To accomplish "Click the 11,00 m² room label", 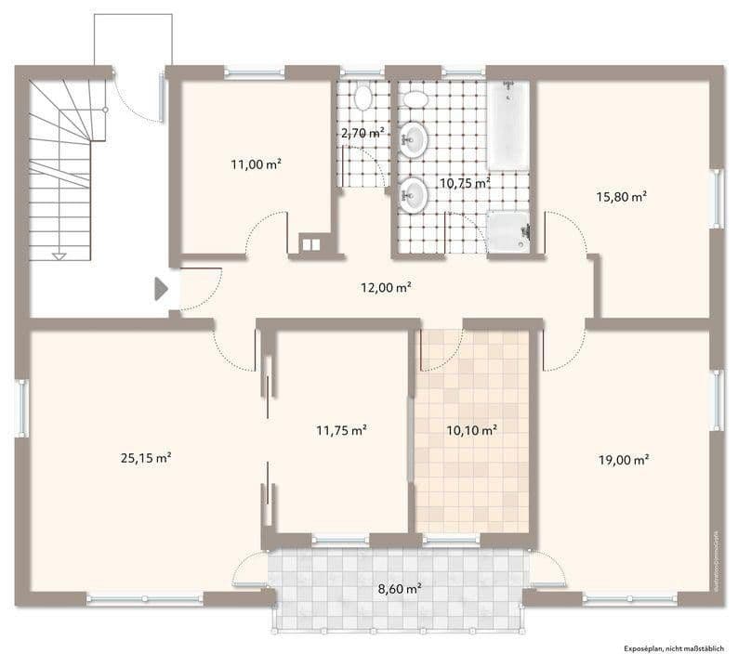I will pyautogui.click(x=256, y=163).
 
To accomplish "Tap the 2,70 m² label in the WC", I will pyautogui.click(x=362, y=134).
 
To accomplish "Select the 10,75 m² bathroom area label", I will pyautogui.click(x=465, y=183).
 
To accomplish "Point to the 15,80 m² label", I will pyautogui.click(x=621, y=196).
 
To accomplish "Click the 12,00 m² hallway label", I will pyautogui.click(x=386, y=288).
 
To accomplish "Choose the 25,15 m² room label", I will pyautogui.click(x=146, y=457).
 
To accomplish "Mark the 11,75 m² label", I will pyautogui.click(x=341, y=429).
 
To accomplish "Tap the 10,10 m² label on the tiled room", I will pyautogui.click(x=472, y=429).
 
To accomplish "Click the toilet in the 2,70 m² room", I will pyautogui.click(x=362, y=96).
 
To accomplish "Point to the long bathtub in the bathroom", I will pyautogui.click(x=507, y=125).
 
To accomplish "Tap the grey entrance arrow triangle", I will pyautogui.click(x=161, y=288).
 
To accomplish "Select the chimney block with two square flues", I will pyautogui.click(x=310, y=244).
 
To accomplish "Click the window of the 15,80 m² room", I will pyautogui.click(x=716, y=198).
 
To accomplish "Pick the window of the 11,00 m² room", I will pyautogui.click(x=255, y=72).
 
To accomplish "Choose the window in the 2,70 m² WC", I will pyautogui.click(x=362, y=72).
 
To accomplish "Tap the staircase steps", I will pyautogui.click(x=60, y=167).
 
